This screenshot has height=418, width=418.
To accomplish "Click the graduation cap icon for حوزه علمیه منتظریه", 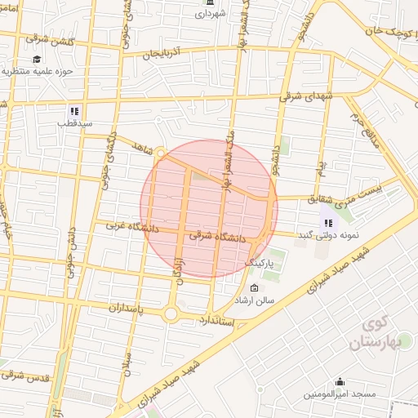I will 37,59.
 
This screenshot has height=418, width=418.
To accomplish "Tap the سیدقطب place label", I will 74,123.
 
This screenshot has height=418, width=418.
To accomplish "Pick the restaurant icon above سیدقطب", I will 74,111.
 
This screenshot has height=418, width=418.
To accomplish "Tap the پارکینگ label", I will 260,264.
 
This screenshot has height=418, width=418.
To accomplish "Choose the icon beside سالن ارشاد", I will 253,288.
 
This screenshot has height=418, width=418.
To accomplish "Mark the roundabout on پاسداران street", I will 171,313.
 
